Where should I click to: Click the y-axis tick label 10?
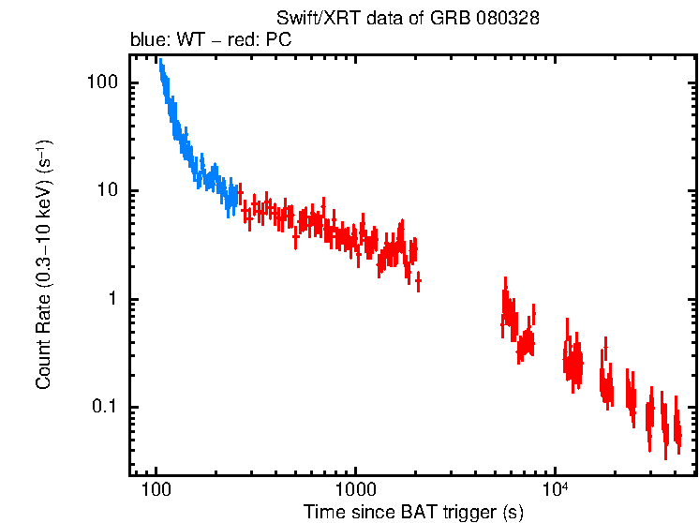point(107,191)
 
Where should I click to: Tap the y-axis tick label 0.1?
point(105,408)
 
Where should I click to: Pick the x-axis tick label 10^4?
point(556,489)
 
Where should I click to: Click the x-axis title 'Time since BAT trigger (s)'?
point(413,512)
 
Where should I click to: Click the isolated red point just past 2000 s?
point(418,280)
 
